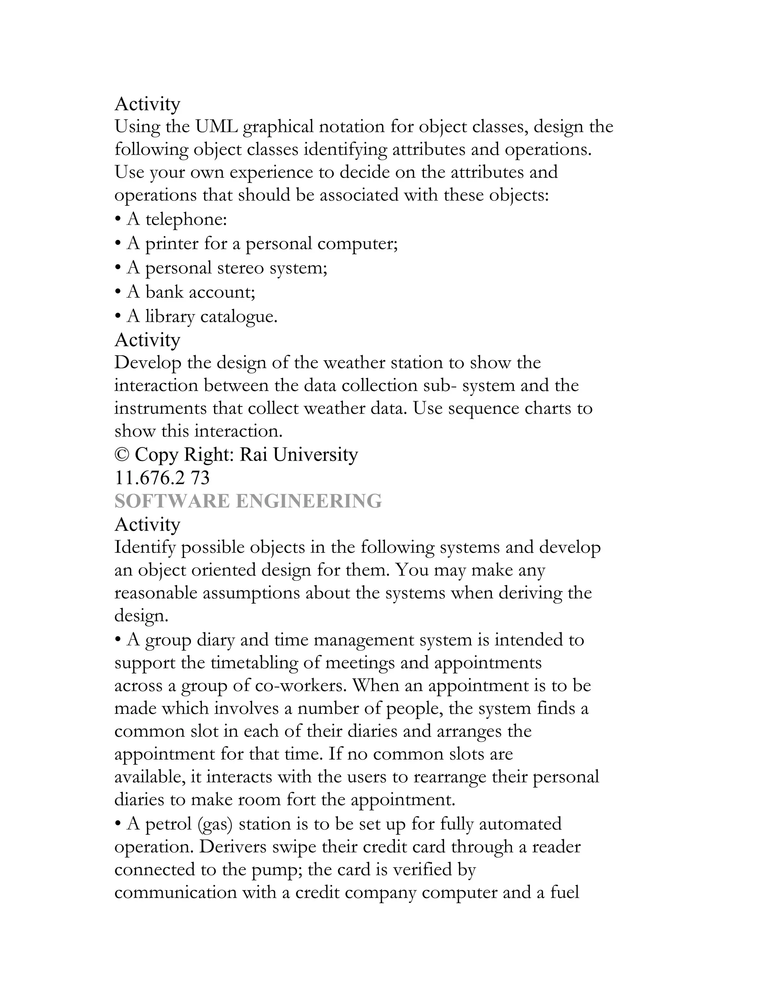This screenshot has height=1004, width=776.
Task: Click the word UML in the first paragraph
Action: (216, 127)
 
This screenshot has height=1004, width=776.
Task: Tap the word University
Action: (315, 455)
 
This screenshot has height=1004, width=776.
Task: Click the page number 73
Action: (200, 478)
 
